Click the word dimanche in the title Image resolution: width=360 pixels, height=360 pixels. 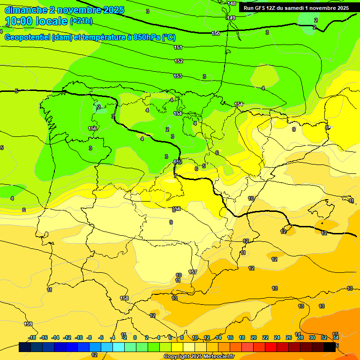coord(24,10)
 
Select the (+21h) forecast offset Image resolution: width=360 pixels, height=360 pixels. coord(81,21)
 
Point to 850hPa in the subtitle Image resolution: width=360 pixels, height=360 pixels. coord(146,37)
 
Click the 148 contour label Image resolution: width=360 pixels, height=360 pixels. coord(232,3)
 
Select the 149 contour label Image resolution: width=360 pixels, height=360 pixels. coord(231,18)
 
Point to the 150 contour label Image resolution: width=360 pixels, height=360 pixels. coord(216,33)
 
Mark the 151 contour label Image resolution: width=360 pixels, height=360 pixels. coord(178,47)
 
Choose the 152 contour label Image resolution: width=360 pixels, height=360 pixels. coord(179,61)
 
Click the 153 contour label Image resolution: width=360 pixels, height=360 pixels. coord(178,76)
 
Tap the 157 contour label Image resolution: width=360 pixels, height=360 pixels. coord(193,272)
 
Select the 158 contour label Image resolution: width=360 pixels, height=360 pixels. coord(124,298)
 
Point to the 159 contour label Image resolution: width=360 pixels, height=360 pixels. coord(29,324)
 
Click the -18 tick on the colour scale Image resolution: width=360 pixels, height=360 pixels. coord(32,337)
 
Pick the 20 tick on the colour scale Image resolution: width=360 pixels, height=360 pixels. coord(254,337)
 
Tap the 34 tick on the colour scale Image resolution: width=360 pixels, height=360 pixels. coord(336,337)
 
